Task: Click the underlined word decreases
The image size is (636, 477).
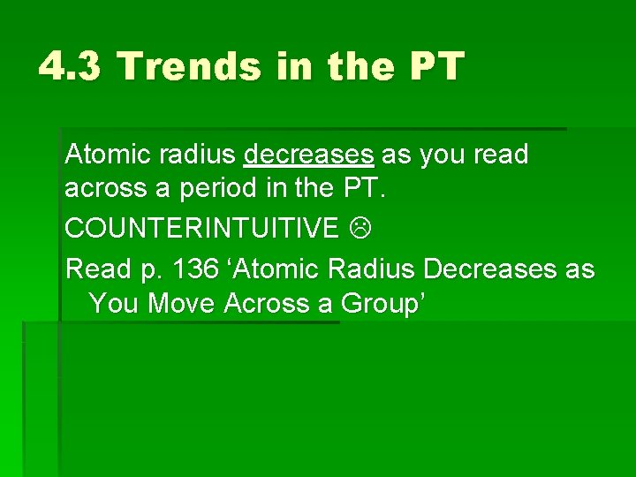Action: pyautogui.click(x=308, y=155)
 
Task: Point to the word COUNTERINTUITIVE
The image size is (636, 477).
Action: pyautogui.click(x=201, y=229)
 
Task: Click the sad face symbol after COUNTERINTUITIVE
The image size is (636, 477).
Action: pyautogui.click(x=358, y=229)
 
